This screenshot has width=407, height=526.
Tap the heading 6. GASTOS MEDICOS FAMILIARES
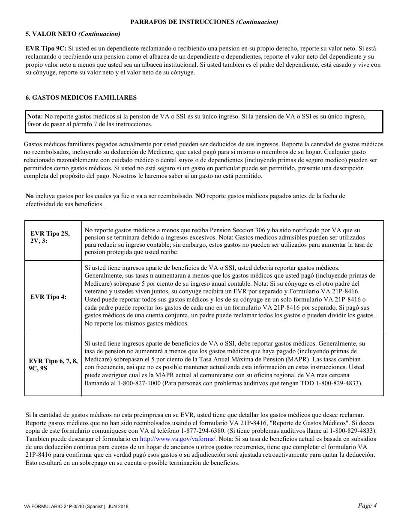coord(81,98)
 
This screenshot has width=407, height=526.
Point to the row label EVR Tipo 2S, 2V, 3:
coord(50,237)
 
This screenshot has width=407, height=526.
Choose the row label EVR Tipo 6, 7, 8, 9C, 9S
coord(53,364)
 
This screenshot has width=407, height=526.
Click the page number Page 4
coord(367,505)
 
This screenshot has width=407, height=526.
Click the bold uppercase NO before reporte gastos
coord(200,196)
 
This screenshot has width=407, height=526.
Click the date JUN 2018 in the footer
coord(116,506)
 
